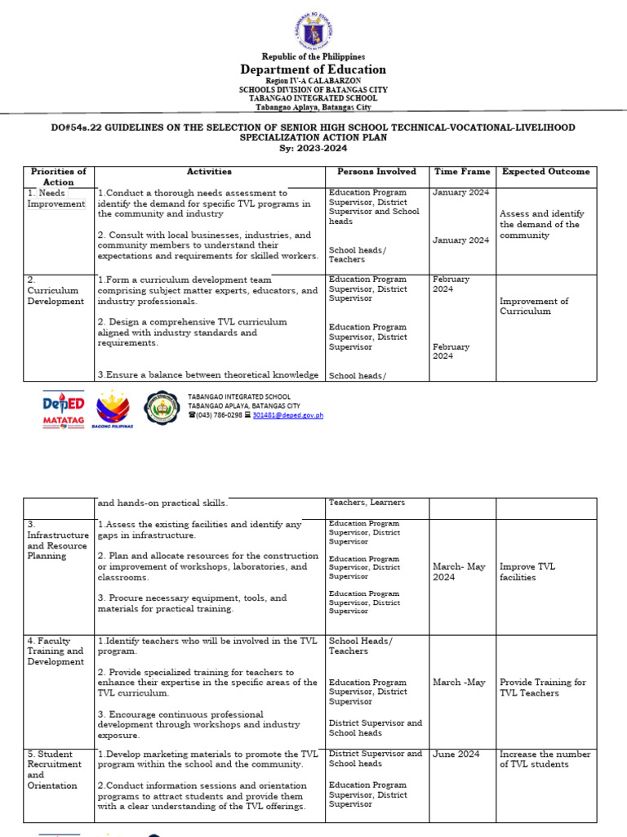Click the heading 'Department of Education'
point(313,69)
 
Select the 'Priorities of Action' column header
point(58,177)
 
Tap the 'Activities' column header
point(209,172)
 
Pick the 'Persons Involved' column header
point(376,172)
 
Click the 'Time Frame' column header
point(462,172)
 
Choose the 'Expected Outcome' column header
point(545,172)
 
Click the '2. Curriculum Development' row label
point(56,290)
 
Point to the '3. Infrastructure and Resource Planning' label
point(57,539)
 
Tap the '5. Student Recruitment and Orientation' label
point(54,770)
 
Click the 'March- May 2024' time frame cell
point(459,571)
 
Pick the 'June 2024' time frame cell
point(456,754)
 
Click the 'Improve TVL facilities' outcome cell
point(527,571)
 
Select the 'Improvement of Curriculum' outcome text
point(534,306)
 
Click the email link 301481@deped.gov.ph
point(287,415)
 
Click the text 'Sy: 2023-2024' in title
point(313,148)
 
